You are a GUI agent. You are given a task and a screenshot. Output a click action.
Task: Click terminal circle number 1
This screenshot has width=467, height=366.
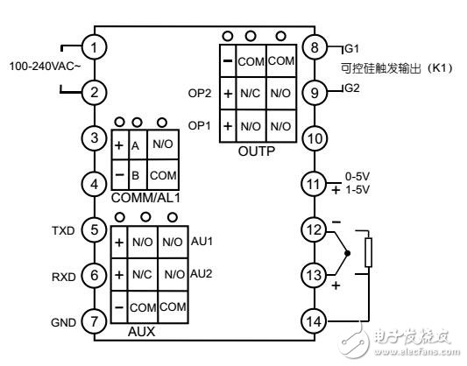[98, 46]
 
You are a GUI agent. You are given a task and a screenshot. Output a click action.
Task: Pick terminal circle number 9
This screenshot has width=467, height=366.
[312, 90]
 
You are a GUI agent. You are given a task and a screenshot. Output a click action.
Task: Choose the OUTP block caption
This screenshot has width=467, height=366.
[257, 150]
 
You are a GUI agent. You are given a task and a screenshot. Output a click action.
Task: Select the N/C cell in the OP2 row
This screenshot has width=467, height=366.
[251, 92]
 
